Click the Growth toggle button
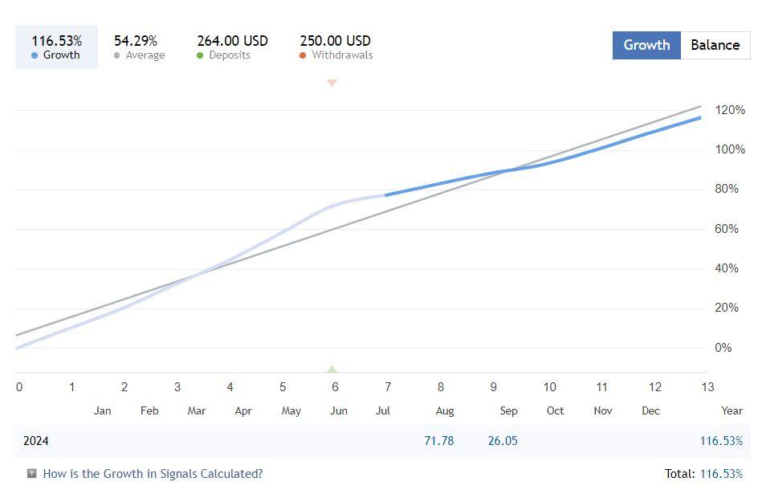click(646, 45)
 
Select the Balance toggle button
click(715, 45)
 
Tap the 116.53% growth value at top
click(56, 40)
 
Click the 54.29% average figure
click(136, 40)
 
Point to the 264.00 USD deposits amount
click(233, 40)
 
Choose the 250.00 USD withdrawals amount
click(336, 40)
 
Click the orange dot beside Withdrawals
click(303, 55)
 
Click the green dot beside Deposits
click(200, 55)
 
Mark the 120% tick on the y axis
click(730, 110)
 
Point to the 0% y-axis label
click(723, 348)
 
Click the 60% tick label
click(727, 229)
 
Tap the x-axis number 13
click(707, 387)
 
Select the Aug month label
click(445, 410)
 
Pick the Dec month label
click(650, 410)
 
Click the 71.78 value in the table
click(439, 441)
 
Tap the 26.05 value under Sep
click(503, 441)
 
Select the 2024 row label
click(36, 441)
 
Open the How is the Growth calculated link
click(153, 474)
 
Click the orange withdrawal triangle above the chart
click(332, 83)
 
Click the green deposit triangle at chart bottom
click(332, 369)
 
